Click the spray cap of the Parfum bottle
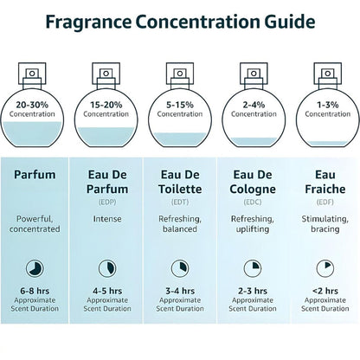(x=37, y=74)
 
